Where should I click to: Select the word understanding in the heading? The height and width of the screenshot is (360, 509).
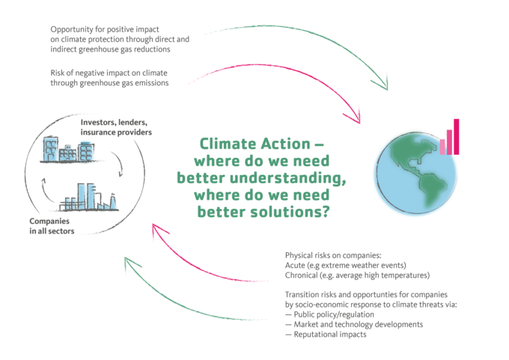288,177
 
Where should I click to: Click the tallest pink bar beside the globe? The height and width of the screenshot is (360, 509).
457,135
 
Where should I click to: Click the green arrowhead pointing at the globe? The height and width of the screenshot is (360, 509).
383,82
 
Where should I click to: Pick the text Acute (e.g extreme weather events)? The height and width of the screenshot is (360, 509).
340,265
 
